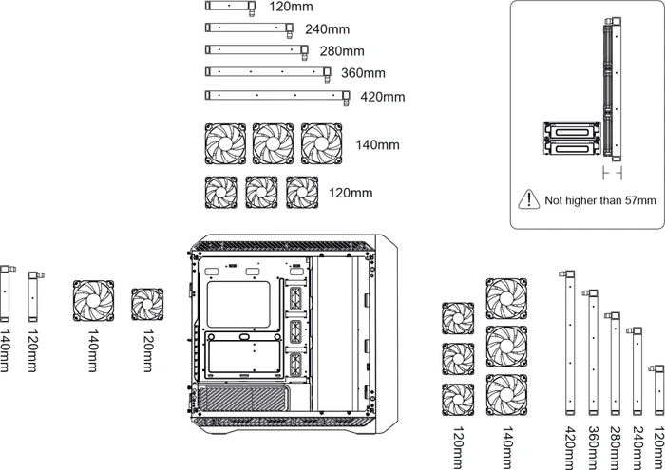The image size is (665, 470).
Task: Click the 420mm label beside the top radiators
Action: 383,97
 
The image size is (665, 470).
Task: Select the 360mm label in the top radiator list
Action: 363,73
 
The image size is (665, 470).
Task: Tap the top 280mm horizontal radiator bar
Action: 256,50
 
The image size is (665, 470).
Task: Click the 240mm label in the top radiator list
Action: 328,29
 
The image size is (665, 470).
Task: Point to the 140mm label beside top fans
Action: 377,145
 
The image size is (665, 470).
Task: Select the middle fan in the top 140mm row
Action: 274,143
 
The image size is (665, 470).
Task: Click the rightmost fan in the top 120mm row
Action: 302,193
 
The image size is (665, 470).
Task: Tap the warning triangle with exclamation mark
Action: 529,199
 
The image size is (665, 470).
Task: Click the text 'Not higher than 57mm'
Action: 600,200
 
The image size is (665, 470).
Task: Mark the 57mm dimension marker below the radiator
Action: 613,173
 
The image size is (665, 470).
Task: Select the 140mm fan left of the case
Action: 93,300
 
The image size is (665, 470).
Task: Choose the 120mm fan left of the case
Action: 147,304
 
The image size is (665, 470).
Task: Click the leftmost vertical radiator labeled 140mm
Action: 5,293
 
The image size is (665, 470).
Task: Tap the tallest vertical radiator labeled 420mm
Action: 570,344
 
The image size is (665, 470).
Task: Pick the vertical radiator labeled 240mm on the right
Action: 637,371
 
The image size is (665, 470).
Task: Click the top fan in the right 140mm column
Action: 506,298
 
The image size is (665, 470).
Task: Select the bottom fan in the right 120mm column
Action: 458,400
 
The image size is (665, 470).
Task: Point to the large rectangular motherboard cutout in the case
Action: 238,304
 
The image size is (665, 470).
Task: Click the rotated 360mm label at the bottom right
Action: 593,448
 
